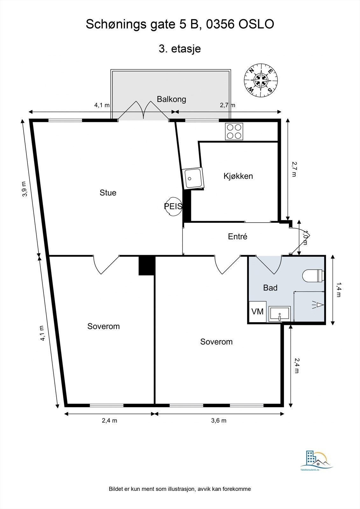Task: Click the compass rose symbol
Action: tap(261, 80)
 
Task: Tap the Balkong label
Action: tap(171, 99)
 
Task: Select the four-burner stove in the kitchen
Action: tap(234, 131)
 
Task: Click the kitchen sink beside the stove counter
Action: tap(193, 178)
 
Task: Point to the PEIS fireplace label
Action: tap(173, 206)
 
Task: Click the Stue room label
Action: tap(108, 193)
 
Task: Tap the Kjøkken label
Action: tap(238, 176)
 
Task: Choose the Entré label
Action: tap(237, 237)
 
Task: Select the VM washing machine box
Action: tap(257, 311)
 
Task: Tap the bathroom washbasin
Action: tap(279, 314)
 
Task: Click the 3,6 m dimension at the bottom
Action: tap(219, 421)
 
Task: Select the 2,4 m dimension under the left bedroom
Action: tap(109, 421)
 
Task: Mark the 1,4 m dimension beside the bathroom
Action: tap(338, 290)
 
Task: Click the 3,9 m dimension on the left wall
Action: tap(25, 189)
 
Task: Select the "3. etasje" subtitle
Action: tap(180, 49)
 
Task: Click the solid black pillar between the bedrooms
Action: tap(147, 266)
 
